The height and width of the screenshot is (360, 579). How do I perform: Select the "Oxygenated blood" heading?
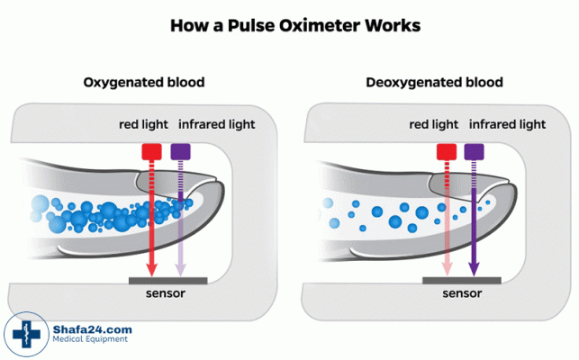[144, 82]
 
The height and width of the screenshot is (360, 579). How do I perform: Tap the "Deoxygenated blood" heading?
[435, 82]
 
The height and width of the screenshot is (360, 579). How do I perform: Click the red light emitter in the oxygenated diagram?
[150, 152]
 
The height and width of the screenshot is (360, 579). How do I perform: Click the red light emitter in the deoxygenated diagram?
[445, 152]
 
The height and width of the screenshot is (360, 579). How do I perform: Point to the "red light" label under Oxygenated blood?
[144, 123]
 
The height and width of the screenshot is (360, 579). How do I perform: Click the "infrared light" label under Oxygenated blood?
[215, 123]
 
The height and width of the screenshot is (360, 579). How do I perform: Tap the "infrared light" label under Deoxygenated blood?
[507, 123]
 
